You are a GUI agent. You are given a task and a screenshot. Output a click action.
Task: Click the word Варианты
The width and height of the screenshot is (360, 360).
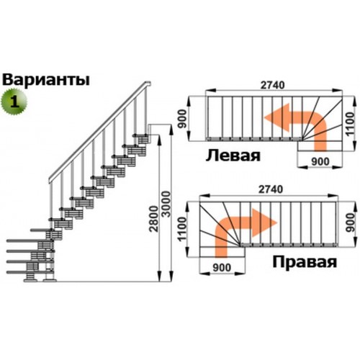pyautogui.click(x=46, y=80)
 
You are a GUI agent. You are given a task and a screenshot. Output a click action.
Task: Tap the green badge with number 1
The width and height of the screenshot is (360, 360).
pyautogui.click(x=14, y=102)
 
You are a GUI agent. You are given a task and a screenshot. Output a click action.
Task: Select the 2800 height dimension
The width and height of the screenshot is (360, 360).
pyautogui.click(x=154, y=218)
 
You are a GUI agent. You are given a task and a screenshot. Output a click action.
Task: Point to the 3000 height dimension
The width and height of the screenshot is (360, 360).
pyautogui.click(x=166, y=204)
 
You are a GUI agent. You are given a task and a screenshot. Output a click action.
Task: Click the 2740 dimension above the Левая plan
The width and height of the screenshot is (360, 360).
pyautogui.click(x=273, y=85)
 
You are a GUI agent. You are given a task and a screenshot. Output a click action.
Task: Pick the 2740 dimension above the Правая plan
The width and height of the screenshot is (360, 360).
pyautogui.click(x=271, y=189)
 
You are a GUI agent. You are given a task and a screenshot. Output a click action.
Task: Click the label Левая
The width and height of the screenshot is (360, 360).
pyautogui.click(x=233, y=156)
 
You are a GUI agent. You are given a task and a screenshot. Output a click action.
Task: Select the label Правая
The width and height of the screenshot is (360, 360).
pyautogui.click(x=305, y=262)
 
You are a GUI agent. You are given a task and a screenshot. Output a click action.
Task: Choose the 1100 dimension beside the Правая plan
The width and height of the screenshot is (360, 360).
pyautogui.click(x=182, y=229)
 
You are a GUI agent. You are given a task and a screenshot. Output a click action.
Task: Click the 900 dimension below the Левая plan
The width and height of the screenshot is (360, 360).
pyautogui.click(x=320, y=162)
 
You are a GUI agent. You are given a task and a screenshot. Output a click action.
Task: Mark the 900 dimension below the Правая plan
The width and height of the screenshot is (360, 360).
pyautogui.click(x=222, y=268)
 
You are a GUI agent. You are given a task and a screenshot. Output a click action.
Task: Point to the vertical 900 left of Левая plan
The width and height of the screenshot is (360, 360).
pyautogui.click(x=182, y=119)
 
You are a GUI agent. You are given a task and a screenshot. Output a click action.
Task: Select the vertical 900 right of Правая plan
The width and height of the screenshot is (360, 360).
pyautogui.click(x=351, y=222)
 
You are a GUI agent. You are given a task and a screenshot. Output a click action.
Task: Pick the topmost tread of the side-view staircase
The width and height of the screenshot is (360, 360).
pyautogui.click(x=141, y=135)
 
